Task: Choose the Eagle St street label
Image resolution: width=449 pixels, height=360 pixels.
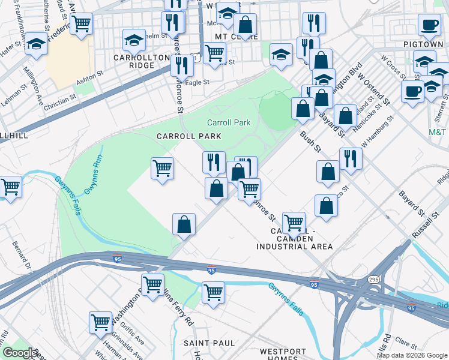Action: tap(197, 82)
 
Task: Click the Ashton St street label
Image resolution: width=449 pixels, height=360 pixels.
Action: tap(90, 85)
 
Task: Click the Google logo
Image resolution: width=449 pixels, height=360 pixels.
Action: tap(19, 353)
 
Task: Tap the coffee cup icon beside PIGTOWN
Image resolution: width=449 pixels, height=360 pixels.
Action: tap(429, 25)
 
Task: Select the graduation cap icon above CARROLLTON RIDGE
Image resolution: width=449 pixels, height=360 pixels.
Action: tap(133, 40)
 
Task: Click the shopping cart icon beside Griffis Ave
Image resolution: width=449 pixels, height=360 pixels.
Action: tap(100, 322)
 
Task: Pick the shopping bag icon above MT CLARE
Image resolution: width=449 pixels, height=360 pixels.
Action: tap(245, 25)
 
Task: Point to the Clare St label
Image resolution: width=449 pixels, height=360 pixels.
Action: tap(406, 344)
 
